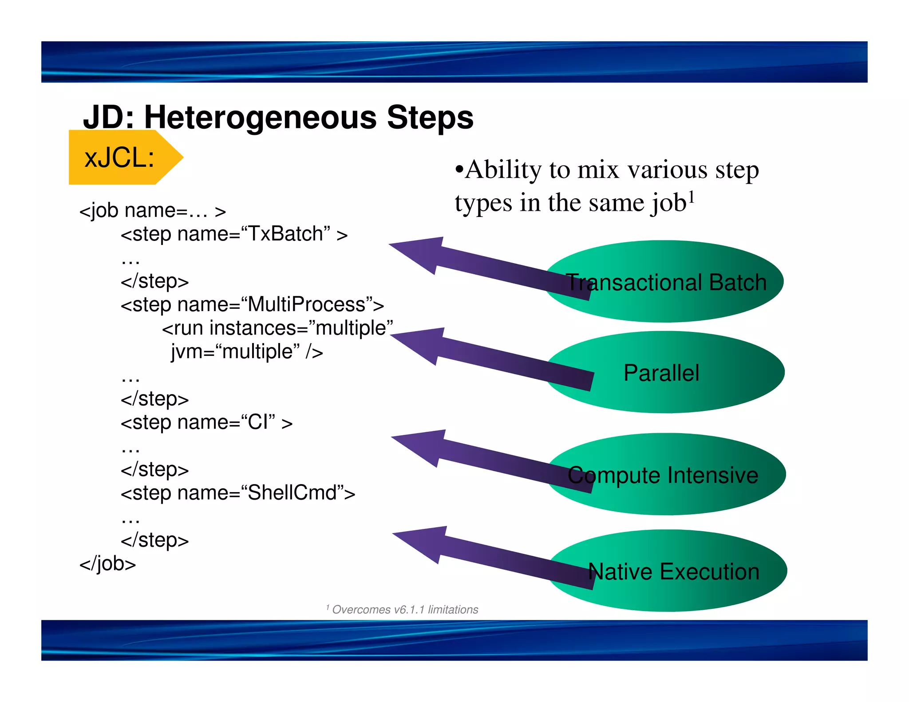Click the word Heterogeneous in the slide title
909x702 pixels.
(261, 118)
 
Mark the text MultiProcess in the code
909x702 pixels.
(306, 304)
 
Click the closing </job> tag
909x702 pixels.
(107, 564)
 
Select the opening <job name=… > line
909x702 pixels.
(152, 210)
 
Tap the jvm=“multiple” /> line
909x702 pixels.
(247, 351)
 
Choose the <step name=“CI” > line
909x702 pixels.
(206, 422)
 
